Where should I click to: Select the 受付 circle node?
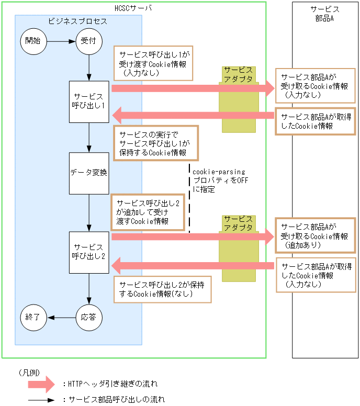[x=88, y=41]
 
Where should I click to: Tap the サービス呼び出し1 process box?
[x=89, y=101]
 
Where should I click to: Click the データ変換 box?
[x=89, y=173]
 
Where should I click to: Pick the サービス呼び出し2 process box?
[x=89, y=252]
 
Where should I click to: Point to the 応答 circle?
[x=88, y=317]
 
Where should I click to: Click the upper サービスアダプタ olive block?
[x=239, y=99]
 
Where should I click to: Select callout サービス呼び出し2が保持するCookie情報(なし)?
[x=162, y=289]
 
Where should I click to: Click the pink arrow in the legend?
[x=41, y=384]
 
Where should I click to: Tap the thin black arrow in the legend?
[x=41, y=400]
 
